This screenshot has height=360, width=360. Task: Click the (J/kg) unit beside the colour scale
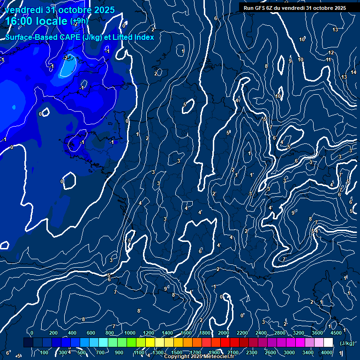347,343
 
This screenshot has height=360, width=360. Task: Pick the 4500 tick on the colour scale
336,333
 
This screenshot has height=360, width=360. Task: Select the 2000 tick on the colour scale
224,333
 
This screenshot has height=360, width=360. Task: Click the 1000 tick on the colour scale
130,333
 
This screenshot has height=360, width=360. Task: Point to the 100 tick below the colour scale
45,352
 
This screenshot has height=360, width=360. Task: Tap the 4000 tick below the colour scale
327,352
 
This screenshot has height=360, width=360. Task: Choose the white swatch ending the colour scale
328,343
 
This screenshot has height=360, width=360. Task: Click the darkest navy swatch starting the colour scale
28,343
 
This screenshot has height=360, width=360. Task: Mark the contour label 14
353,72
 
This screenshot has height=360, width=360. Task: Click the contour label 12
331,53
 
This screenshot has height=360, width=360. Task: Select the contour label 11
329,60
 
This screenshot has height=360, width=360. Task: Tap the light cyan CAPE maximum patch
68,67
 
